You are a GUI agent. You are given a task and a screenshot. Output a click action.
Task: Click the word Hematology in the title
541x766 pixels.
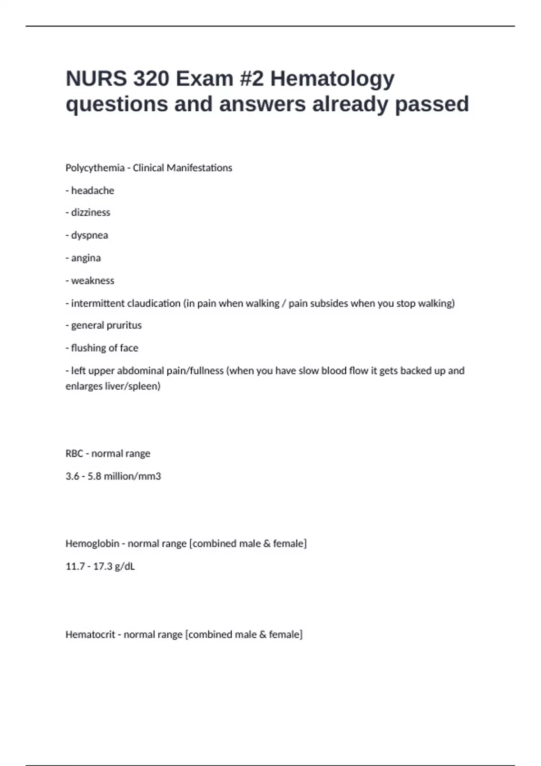[332, 79]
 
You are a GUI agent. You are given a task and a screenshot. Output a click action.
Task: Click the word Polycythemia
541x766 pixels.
[95, 168]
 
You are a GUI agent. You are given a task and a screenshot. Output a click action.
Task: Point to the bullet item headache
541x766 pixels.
[92, 191]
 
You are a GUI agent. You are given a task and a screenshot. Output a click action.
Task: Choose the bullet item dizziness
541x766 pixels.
[90, 213]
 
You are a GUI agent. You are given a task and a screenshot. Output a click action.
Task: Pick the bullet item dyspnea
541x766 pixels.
[89, 235]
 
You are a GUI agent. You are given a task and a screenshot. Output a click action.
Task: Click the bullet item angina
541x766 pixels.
[86, 258]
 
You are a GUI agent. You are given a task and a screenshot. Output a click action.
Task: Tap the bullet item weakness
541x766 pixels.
[92, 281]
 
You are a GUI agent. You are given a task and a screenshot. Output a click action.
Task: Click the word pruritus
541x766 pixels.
[124, 325]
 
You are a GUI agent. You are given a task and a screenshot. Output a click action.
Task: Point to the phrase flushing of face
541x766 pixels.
[105, 348]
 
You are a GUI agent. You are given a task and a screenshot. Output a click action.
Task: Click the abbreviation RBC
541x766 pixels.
[74, 454]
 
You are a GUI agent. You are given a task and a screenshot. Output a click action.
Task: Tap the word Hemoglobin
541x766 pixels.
[92, 544]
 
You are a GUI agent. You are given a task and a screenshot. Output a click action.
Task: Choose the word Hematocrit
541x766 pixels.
[90, 634]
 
